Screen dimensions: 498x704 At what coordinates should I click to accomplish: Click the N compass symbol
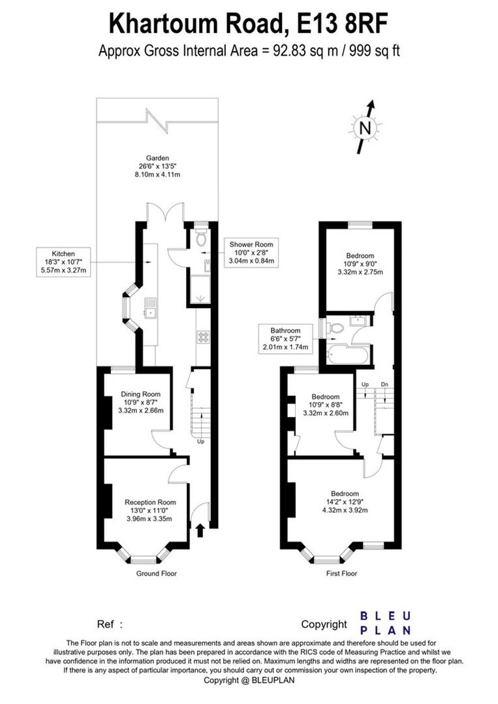[x=365, y=128]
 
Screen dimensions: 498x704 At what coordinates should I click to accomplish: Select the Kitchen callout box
[x=63, y=262]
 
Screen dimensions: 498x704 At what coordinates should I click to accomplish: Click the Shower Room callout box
[x=251, y=252]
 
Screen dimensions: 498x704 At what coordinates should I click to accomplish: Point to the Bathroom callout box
[x=285, y=338]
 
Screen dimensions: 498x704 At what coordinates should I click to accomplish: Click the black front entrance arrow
[x=200, y=530]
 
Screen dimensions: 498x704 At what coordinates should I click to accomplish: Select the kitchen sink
[x=150, y=308]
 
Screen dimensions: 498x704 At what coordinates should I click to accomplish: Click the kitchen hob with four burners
[x=203, y=337]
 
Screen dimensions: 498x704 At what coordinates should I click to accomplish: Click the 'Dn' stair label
[x=384, y=385]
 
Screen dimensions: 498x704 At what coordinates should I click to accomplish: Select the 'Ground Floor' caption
[x=157, y=574]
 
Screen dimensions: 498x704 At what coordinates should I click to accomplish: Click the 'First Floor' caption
[x=341, y=574]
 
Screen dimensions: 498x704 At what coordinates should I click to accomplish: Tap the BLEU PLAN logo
[x=386, y=623]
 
